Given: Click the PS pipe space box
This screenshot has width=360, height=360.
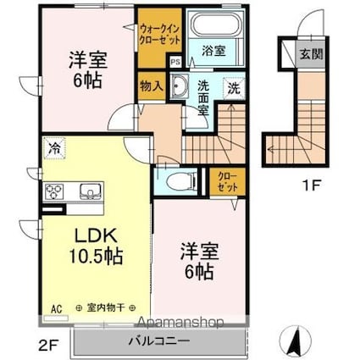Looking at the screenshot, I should [175, 62].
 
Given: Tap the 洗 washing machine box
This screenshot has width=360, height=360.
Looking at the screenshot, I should [231, 86].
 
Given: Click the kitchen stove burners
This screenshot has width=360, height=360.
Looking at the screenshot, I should [53, 191].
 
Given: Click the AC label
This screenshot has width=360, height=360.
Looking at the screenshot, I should [58, 307].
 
